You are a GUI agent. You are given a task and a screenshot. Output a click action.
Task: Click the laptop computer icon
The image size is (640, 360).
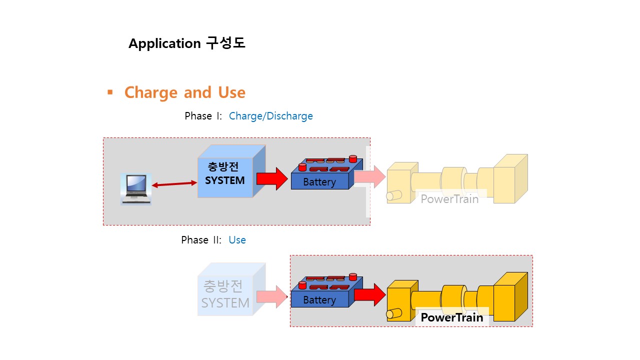[x=136, y=189]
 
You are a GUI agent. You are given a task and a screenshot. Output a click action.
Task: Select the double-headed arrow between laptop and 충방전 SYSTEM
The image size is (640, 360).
[x=174, y=184]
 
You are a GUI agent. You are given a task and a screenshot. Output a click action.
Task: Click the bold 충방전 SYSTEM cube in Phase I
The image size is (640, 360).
[x=231, y=171]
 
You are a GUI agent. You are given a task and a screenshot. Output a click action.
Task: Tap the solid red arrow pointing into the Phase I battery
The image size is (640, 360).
[x=272, y=179]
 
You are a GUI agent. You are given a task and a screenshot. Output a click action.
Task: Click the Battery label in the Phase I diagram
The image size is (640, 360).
[x=319, y=182]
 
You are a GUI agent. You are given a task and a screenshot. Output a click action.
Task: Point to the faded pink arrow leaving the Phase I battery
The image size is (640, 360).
[x=370, y=176]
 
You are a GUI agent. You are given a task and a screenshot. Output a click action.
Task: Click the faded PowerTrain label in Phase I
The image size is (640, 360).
[x=449, y=199]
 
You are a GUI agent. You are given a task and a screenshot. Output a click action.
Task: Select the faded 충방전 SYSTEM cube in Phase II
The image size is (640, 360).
[x=231, y=289]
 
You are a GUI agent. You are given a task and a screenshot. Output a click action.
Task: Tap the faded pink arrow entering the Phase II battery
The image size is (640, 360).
[x=272, y=296]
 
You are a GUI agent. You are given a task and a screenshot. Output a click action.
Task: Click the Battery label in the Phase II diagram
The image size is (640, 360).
[x=319, y=300]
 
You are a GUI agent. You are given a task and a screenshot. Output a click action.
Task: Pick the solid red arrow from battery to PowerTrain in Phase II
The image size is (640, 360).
[x=370, y=295]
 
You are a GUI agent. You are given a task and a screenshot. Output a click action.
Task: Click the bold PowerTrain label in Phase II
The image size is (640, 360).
[x=451, y=317]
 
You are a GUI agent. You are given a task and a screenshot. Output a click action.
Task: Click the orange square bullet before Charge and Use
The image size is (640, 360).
[x=110, y=92]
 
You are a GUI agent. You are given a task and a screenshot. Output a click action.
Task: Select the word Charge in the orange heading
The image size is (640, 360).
[x=151, y=93]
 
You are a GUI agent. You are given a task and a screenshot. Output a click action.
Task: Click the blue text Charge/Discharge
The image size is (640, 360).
[x=271, y=116]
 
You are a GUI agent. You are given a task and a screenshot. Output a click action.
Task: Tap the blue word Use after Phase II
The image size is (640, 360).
[x=237, y=240]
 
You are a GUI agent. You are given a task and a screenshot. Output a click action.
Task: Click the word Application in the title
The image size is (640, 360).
[x=164, y=43]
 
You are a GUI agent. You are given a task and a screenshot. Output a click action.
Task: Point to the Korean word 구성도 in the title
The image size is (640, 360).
[x=225, y=43]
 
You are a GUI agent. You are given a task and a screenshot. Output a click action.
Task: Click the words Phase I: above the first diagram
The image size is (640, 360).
[x=203, y=116]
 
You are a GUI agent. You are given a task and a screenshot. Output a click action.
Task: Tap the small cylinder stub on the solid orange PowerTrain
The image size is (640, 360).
[x=394, y=313]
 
